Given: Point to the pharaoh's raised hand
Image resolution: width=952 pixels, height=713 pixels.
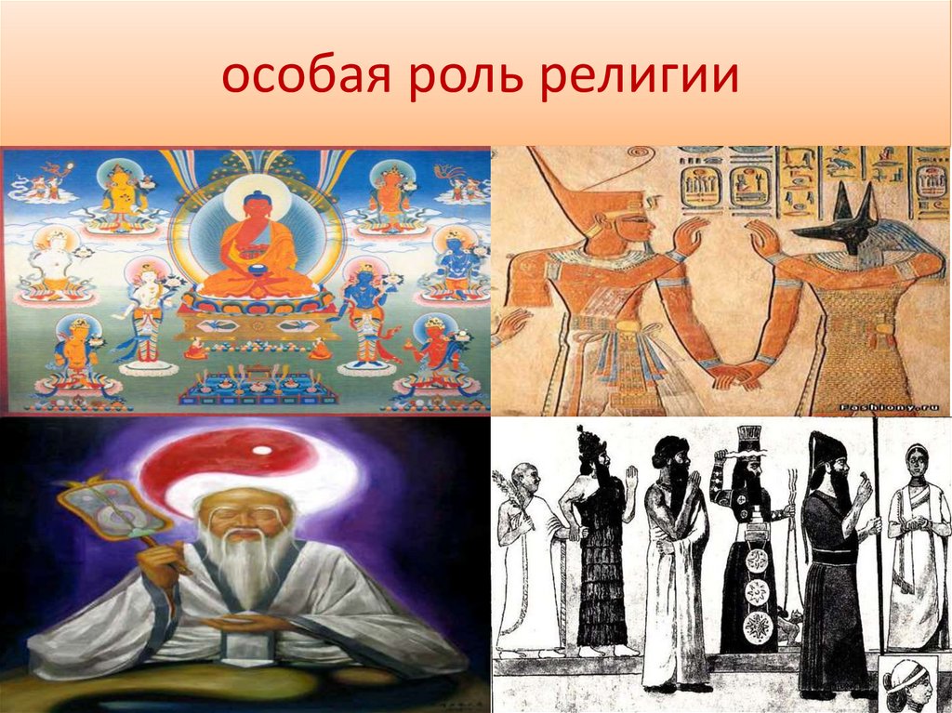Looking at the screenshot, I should point(690,238).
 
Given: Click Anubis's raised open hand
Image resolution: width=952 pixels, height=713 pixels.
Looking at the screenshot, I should point(762,240).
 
